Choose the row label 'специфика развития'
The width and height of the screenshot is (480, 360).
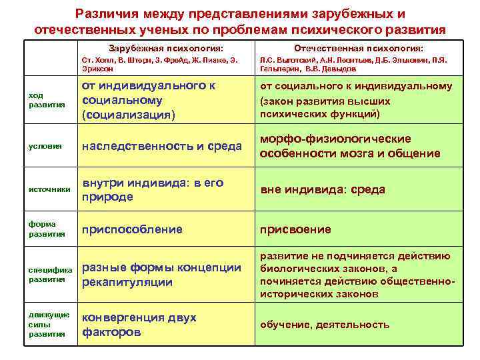point(50,275)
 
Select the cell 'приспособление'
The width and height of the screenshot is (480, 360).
point(131,229)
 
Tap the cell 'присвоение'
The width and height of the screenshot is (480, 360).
point(295,229)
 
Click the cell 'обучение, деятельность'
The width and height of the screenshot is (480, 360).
point(325,325)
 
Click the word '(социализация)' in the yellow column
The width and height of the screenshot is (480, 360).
point(128,115)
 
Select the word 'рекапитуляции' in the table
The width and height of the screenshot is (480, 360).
point(127,283)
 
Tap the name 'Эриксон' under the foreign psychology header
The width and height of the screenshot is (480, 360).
point(97,69)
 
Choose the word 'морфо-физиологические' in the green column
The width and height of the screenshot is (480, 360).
point(335,139)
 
